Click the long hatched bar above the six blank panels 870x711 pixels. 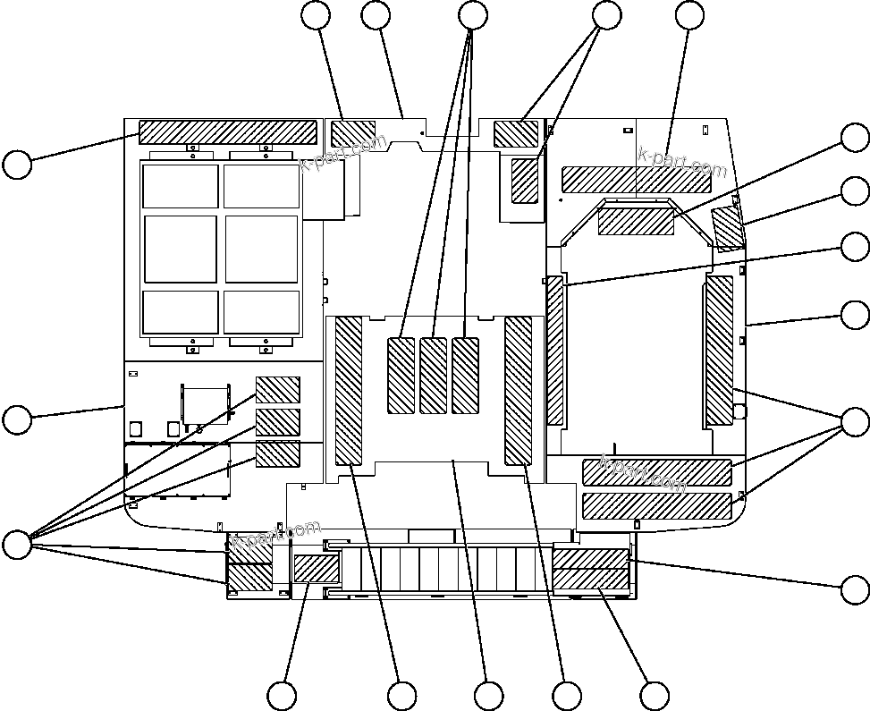pyautogui.click(x=228, y=132)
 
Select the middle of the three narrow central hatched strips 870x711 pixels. pyautogui.click(x=434, y=376)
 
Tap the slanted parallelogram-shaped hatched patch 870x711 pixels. pyautogui.click(x=728, y=228)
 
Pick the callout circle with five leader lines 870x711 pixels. pyautogui.click(x=17, y=545)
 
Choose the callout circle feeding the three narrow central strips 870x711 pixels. pyautogui.click(x=472, y=14)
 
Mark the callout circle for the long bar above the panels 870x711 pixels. pyautogui.click(x=17, y=165)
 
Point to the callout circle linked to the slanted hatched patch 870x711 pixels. pyautogui.click(x=856, y=190)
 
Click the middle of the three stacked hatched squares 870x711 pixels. pyautogui.click(x=278, y=421)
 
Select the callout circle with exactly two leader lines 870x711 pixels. pyautogui.click(x=607, y=14)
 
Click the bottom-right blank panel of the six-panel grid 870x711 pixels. pyautogui.click(x=261, y=311)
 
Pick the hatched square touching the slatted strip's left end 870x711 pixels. pyautogui.click(x=317, y=569)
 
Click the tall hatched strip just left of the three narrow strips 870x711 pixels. pyautogui.click(x=349, y=391)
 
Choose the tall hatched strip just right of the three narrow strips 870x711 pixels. pyautogui.click(x=519, y=391)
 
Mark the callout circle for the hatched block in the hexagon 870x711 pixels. pyautogui.click(x=856, y=137)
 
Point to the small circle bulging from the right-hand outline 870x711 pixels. pyautogui.click(x=739, y=411)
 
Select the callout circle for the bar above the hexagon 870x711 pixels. pyautogui.click(x=690, y=14)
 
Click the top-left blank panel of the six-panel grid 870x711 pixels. pyautogui.click(x=181, y=186)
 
